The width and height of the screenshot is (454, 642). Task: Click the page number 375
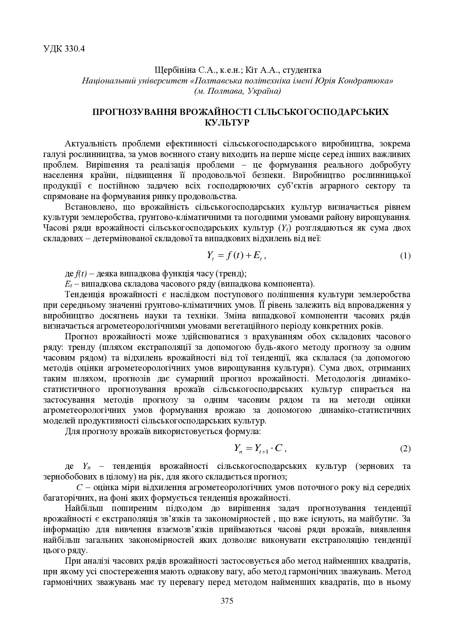[x=227, y=601]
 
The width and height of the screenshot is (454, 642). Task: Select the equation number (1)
[x=405, y=256]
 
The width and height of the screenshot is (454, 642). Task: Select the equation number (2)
[x=405, y=448]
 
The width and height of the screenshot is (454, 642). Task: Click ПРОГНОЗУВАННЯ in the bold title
[x=132, y=112]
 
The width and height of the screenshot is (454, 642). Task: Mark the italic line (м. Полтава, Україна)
[x=238, y=91]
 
